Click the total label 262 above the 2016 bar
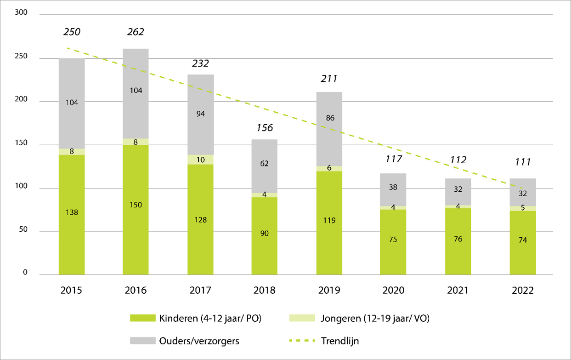click(x=136, y=32)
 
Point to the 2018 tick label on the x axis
click(x=265, y=291)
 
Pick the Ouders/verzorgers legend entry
click(x=193, y=341)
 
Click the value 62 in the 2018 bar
click(x=265, y=164)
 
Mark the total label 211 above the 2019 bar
click(x=329, y=79)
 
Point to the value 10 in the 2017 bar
click(x=200, y=160)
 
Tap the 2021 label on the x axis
click(x=458, y=291)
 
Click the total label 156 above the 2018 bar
click(x=265, y=128)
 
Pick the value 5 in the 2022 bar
click(x=523, y=208)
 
